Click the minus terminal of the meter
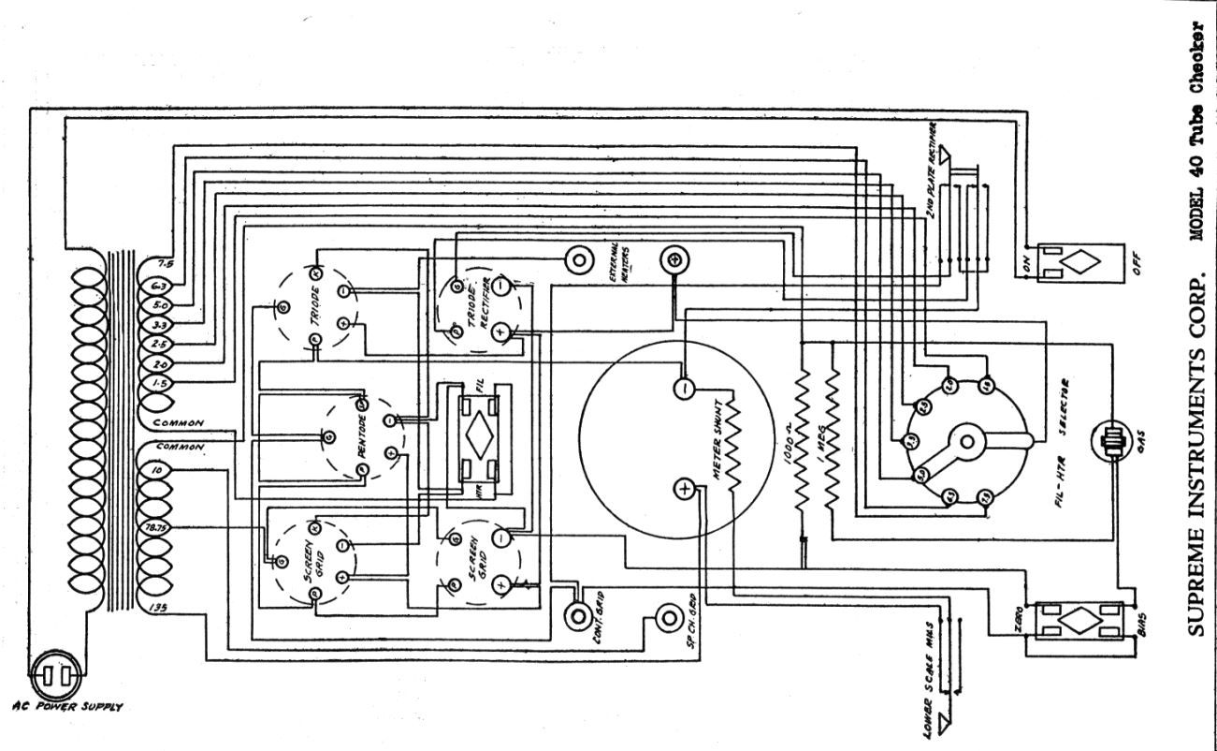pos(686,386)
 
